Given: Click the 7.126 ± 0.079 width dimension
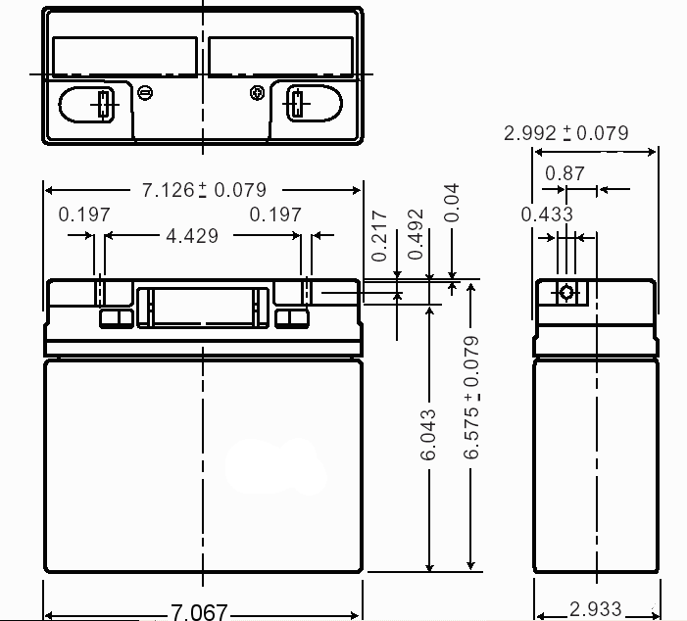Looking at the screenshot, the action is [204, 190].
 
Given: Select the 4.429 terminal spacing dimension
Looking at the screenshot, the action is [192, 236].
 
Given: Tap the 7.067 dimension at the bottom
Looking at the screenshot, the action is [199, 612].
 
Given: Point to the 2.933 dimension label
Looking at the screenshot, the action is [595, 608].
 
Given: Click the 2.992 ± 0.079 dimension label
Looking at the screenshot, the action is [566, 133].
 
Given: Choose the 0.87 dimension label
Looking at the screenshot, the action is [564, 173].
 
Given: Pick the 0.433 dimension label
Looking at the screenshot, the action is [547, 215].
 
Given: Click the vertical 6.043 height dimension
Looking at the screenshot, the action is [428, 435].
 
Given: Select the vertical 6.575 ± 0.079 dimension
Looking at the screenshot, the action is [471, 398].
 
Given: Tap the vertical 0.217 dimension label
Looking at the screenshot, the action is [379, 236].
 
